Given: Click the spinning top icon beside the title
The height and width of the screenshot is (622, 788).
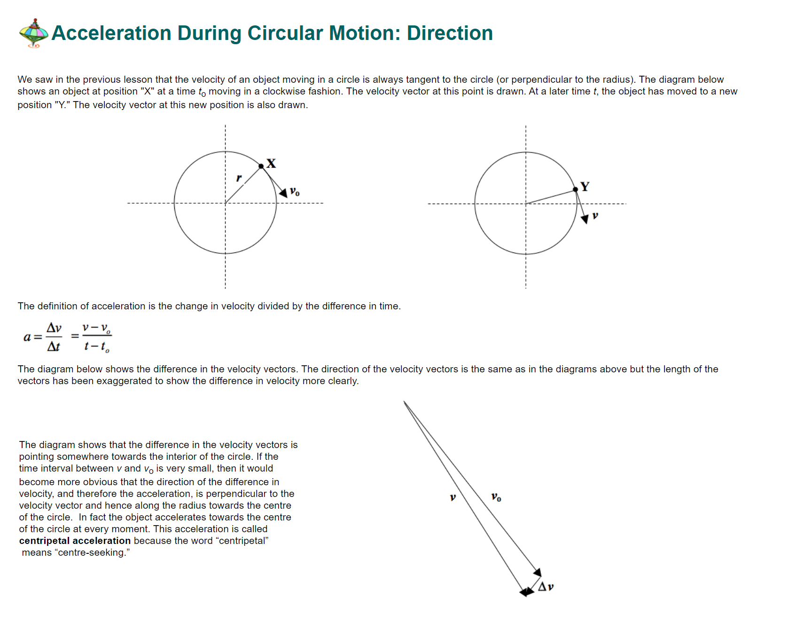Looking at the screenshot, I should (x=33, y=33).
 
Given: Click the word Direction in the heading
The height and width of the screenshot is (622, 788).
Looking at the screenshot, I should (x=450, y=33).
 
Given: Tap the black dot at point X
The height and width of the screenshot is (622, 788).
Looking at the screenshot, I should (x=261, y=166).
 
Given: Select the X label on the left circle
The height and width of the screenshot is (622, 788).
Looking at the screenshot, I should (x=271, y=164).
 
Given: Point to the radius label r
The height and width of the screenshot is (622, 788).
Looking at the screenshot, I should (x=239, y=178).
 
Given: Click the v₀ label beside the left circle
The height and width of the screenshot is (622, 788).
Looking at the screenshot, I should (x=295, y=191).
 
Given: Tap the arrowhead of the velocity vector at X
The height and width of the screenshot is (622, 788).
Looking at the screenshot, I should (x=283, y=193).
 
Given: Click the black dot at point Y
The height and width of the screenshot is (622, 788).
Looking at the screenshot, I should (x=576, y=189).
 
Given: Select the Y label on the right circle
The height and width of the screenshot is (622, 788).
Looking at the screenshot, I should (x=585, y=187).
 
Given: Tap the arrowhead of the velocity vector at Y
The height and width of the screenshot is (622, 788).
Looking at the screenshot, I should (x=585, y=219).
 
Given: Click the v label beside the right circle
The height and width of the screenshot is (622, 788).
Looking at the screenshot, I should (x=595, y=215).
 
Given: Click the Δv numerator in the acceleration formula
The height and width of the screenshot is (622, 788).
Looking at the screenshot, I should (x=54, y=328).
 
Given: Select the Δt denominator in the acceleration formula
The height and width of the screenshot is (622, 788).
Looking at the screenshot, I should (x=54, y=346).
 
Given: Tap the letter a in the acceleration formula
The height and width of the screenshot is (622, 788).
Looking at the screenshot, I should (x=27, y=337).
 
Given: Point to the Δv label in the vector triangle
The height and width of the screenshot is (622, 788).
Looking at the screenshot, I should (x=546, y=587).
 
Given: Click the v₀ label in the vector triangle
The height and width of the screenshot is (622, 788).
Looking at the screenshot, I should (x=496, y=497).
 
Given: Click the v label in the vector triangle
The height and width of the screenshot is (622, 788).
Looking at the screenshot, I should (x=453, y=497).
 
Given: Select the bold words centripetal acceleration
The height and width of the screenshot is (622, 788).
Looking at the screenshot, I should (x=75, y=541).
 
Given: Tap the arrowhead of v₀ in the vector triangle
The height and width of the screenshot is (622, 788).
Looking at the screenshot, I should (x=538, y=572).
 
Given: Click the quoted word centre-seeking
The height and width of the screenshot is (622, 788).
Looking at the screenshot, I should (x=92, y=552).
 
